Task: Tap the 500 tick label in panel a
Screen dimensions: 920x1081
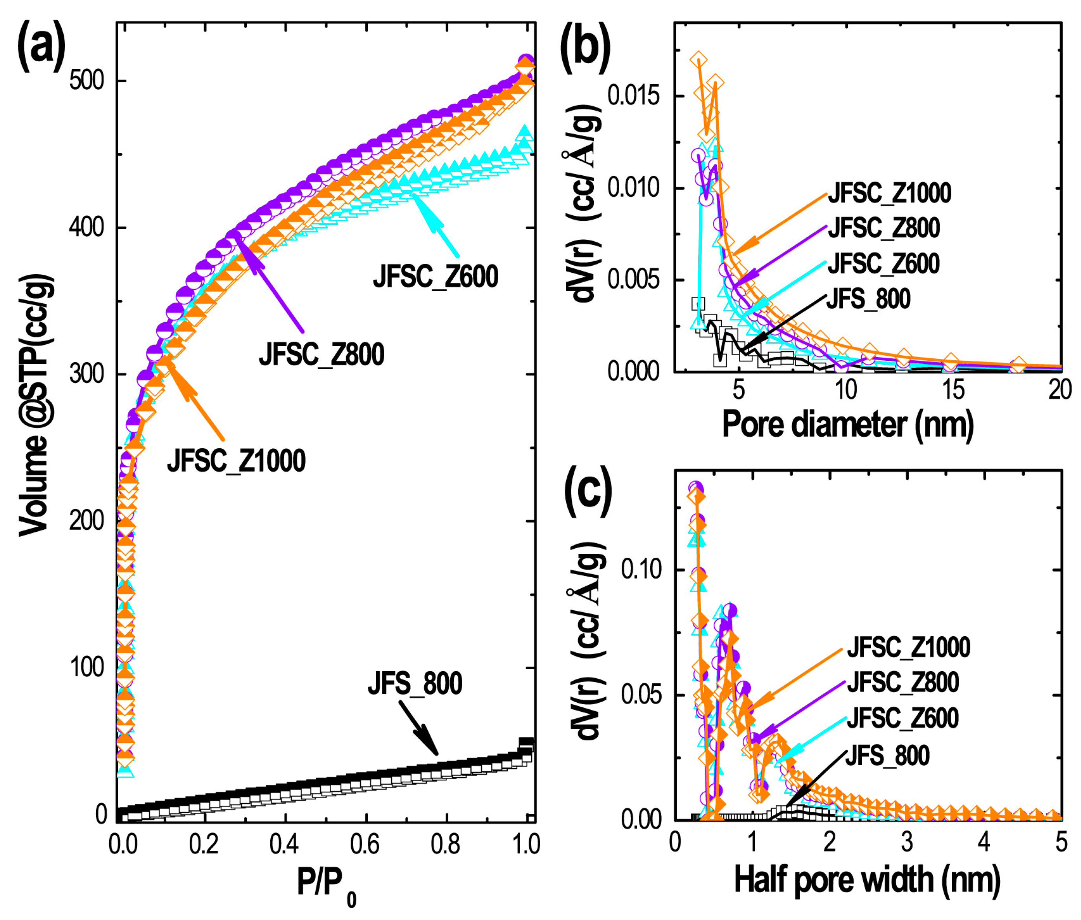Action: pyautogui.click(x=86, y=81)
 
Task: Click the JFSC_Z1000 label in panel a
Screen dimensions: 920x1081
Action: pyautogui.click(x=236, y=461)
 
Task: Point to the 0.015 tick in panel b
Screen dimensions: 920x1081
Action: pyautogui.click(x=633, y=96)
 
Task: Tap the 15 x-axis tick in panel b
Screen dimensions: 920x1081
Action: pyautogui.click(x=953, y=389)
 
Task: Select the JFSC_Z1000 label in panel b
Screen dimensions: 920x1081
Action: pyautogui.click(x=889, y=193)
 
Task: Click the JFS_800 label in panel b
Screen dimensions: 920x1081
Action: pyautogui.click(x=868, y=299)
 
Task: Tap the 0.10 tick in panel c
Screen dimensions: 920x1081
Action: pyautogui.click(x=641, y=569)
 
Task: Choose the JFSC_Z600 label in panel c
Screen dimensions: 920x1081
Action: pyautogui.click(x=902, y=718)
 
